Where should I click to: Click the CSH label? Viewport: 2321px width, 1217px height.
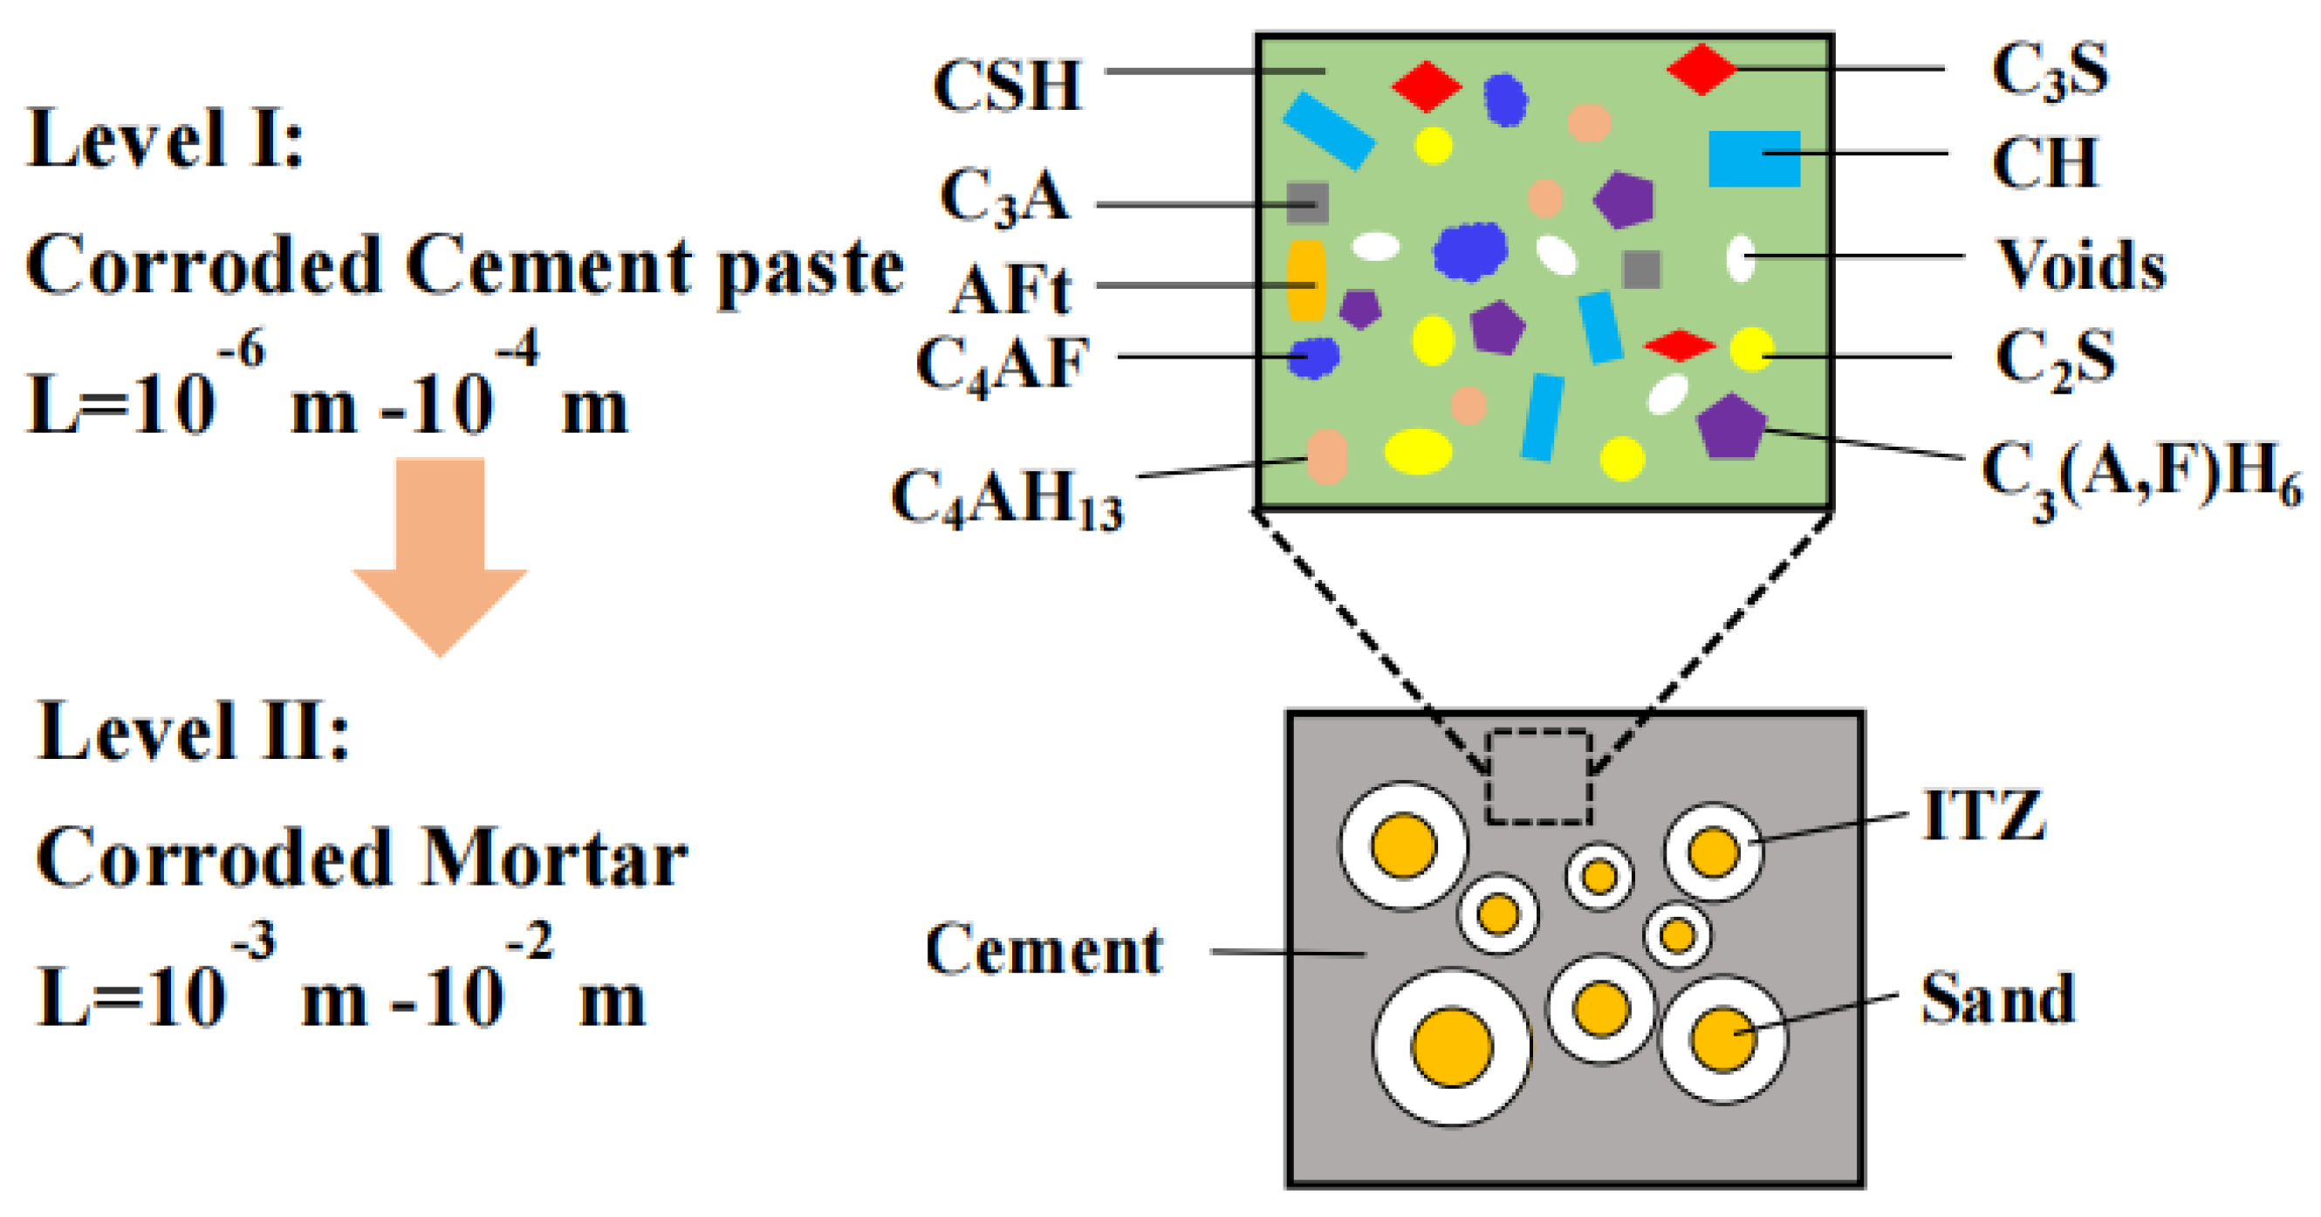point(1006,86)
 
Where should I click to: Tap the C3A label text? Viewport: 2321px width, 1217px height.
point(1003,197)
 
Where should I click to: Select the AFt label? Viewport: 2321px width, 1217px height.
point(1011,290)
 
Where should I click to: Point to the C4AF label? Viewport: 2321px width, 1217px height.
point(1002,364)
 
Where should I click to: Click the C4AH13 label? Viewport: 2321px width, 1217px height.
point(1006,498)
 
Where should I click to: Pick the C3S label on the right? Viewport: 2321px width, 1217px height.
point(2049,72)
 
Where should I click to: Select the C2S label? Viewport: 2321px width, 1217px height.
point(2054,359)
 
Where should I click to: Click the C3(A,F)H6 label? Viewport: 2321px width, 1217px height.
point(2139,477)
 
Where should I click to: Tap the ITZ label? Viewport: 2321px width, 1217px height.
point(1983,815)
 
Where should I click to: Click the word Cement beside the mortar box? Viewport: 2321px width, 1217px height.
point(1044,950)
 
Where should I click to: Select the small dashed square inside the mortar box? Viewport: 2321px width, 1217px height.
point(1538,777)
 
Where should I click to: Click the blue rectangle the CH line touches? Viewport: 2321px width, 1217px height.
point(1753,159)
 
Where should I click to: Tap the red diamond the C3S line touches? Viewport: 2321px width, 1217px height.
point(1701,68)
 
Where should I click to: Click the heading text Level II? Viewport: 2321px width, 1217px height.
point(192,731)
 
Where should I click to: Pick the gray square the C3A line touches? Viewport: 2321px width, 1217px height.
point(1307,202)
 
